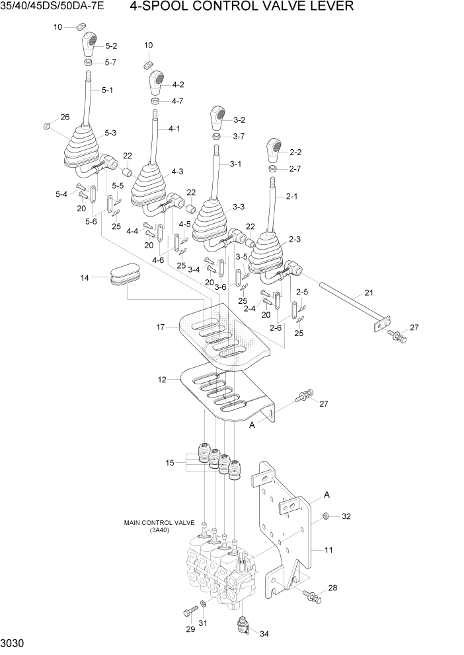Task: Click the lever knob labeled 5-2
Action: click(90, 46)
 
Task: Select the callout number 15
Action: click(171, 463)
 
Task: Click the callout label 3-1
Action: click(235, 164)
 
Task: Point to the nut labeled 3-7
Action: click(216, 137)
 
